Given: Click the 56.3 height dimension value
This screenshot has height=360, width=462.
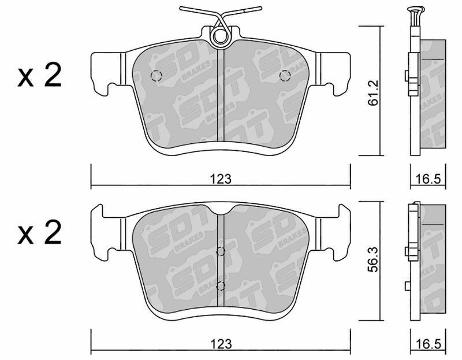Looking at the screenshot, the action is (x=373, y=259).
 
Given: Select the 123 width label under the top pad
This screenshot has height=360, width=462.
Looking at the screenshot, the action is (x=221, y=179).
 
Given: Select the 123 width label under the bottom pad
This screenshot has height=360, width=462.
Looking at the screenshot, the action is (x=221, y=344).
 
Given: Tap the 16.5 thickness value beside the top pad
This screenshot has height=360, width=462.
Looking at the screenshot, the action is (x=429, y=179).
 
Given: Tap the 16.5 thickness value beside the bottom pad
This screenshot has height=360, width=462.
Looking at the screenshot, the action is (x=429, y=344).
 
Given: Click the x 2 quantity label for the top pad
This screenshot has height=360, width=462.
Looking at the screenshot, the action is (x=39, y=75).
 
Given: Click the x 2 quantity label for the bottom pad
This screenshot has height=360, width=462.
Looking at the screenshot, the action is (x=39, y=232).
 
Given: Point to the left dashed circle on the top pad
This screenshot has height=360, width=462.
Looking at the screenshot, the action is (x=156, y=76).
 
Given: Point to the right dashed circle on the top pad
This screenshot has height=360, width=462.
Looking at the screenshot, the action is (x=285, y=76).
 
